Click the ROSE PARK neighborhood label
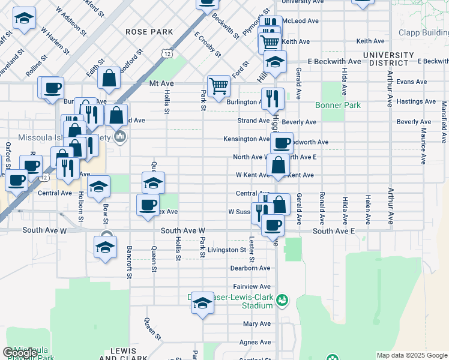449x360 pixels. point(149,32)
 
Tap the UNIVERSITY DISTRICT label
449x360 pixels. point(388,59)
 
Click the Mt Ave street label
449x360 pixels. point(161,84)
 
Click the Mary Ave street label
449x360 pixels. point(257,324)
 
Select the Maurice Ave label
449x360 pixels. point(424,146)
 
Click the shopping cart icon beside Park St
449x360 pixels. point(218,85)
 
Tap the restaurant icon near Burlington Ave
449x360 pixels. point(273,98)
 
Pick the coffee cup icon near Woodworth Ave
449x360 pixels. point(282,143)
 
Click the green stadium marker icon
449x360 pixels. point(285,299)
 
